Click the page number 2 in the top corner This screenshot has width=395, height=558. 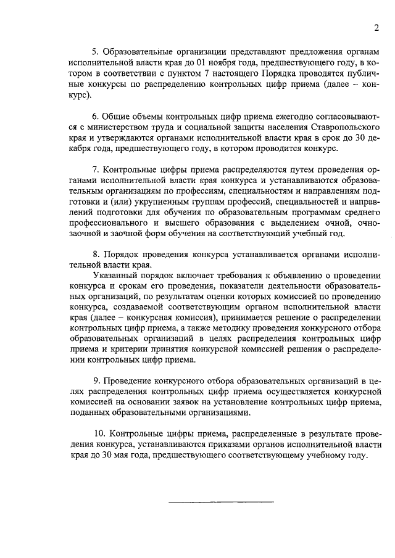[375, 28]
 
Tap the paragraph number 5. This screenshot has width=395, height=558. [95, 52]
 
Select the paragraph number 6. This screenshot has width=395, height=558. [95, 116]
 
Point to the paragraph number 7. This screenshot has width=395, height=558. [95, 169]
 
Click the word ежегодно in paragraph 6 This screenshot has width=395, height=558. [251, 116]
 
